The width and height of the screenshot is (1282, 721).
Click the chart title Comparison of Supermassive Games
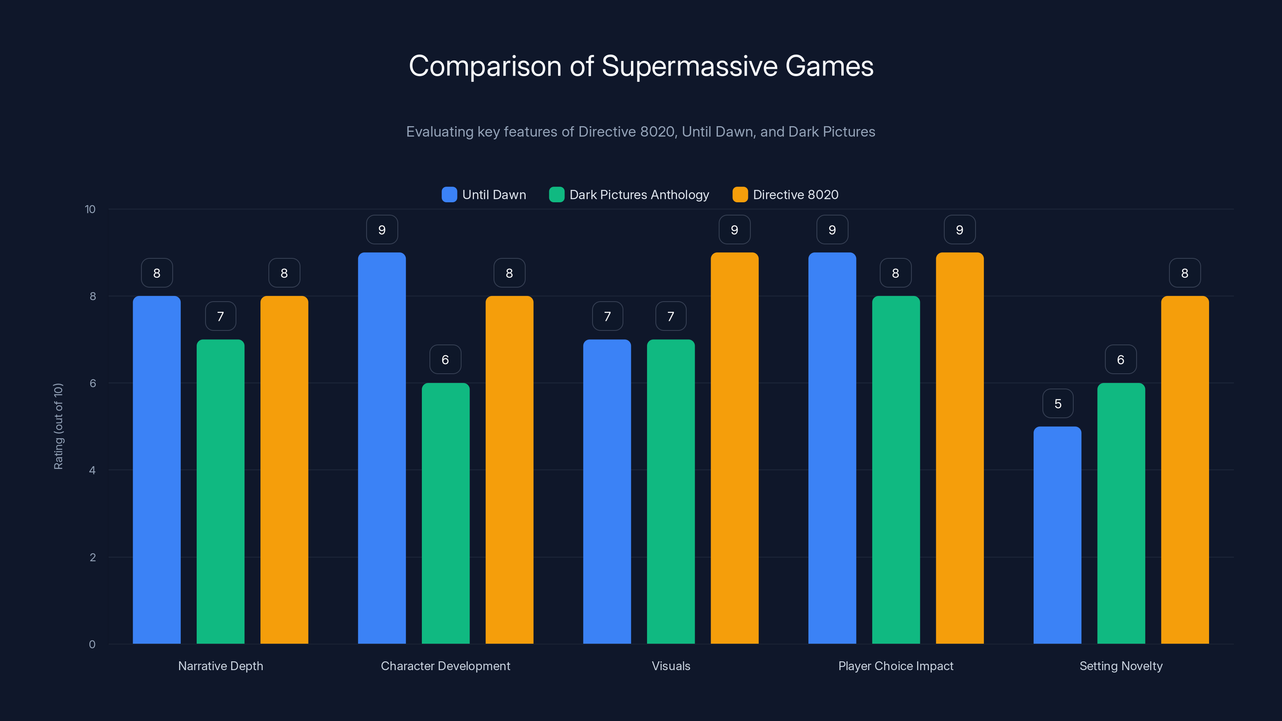pos(641,66)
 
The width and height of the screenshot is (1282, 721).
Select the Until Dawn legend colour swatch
pos(449,195)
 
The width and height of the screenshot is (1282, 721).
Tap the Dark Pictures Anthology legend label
pos(639,195)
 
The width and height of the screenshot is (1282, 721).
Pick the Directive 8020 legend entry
pos(795,195)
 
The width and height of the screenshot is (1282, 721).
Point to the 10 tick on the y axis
pos(90,209)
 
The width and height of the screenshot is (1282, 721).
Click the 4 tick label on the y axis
pos(92,470)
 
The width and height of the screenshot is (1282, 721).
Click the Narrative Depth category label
pos(220,666)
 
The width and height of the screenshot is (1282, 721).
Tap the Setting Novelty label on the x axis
pos(1121,666)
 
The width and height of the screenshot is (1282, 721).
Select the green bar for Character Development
pos(445,513)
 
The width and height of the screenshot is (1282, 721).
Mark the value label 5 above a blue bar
pos(1058,403)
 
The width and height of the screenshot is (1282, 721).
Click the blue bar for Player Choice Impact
pos(832,448)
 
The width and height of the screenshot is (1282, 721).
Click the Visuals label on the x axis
pos(671,666)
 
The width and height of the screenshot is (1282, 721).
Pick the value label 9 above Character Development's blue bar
pos(382,230)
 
